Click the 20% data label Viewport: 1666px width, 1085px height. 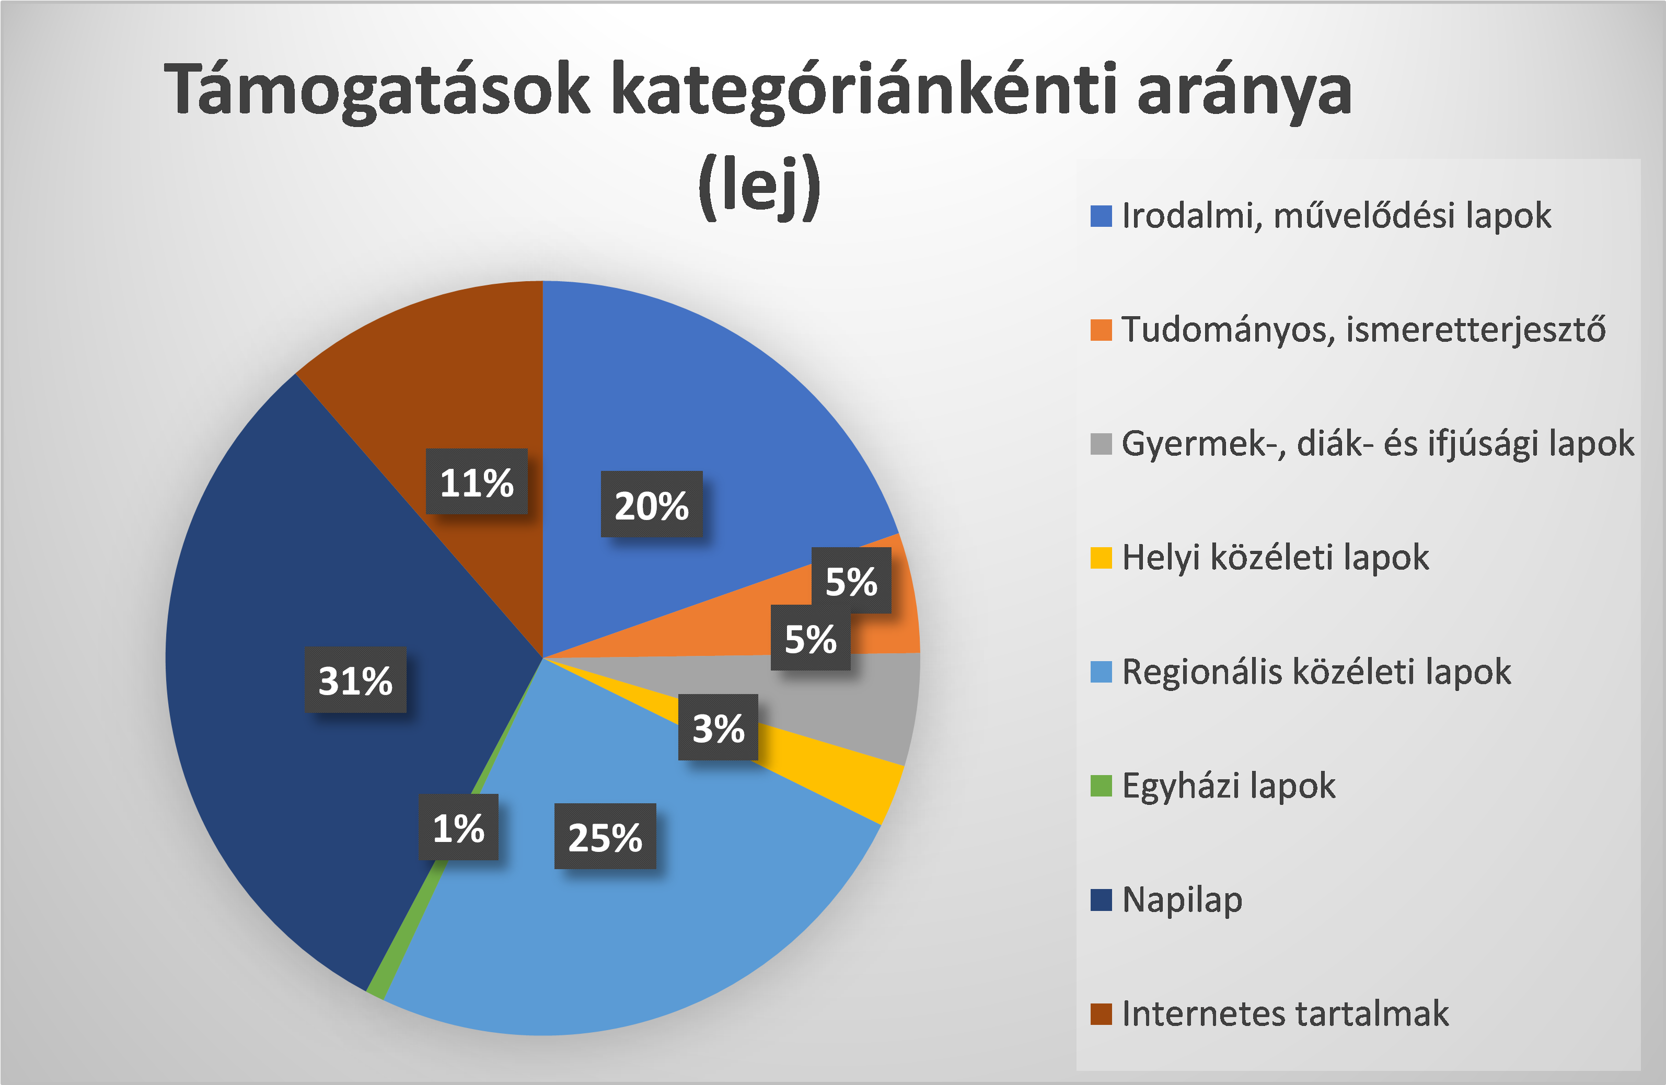(x=651, y=504)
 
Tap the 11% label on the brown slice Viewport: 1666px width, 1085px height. (x=477, y=481)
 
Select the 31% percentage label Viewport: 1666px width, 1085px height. (x=355, y=680)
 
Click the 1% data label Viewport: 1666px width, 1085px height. (x=458, y=827)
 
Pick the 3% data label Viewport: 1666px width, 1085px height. (x=718, y=728)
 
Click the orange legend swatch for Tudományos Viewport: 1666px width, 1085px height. (x=1101, y=330)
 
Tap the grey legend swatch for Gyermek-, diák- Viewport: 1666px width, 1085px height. (x=1101, y=444)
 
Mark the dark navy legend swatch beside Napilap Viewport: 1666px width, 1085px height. (x=1101, y=900)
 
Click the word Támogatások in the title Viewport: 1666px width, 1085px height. (x=377, y=89)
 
